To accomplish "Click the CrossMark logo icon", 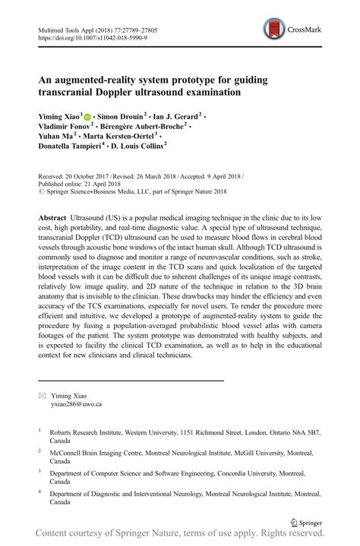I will [275, 30].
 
